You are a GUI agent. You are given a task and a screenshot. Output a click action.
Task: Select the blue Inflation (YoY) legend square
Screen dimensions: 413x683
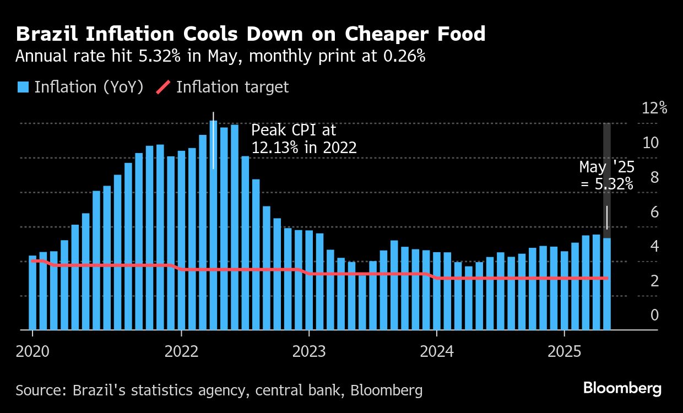coord(23,87)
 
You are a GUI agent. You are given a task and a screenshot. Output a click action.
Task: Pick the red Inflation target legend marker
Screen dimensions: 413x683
coord(164,87)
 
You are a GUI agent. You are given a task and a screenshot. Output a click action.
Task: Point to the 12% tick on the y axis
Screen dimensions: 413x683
coord(654,108)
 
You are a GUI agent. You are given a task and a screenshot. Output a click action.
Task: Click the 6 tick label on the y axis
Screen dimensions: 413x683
coord(654,212)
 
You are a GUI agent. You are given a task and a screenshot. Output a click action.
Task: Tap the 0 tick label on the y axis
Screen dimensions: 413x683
coord(654,316)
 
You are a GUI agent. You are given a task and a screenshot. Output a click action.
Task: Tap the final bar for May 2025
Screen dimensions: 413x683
coord(607,284)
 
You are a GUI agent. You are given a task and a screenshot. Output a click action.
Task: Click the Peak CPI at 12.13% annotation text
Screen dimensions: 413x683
coord(303,139)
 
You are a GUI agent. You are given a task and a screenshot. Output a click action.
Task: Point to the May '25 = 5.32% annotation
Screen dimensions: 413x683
coord(606,175)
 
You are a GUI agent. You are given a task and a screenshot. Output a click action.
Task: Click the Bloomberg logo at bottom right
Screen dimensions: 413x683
coord(622,388)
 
